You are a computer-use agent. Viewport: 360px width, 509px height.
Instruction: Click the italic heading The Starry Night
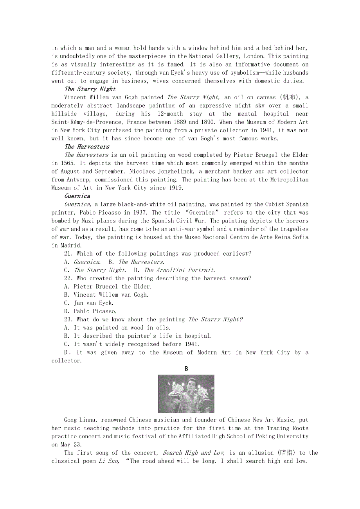coord(90,89)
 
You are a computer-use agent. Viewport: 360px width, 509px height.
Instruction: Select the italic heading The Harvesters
coord(87,147)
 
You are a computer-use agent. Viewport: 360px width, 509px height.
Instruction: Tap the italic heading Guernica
coord(77,196)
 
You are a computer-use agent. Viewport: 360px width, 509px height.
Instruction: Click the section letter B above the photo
coord(186,369)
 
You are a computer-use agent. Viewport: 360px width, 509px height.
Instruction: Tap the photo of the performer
coord(186,394)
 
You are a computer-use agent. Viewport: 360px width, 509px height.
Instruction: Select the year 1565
coord(60,163)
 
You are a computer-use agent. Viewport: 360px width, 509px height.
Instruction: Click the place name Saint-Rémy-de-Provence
coord(86,122)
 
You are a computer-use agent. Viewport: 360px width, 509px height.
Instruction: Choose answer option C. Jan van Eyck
coord(89,303)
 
